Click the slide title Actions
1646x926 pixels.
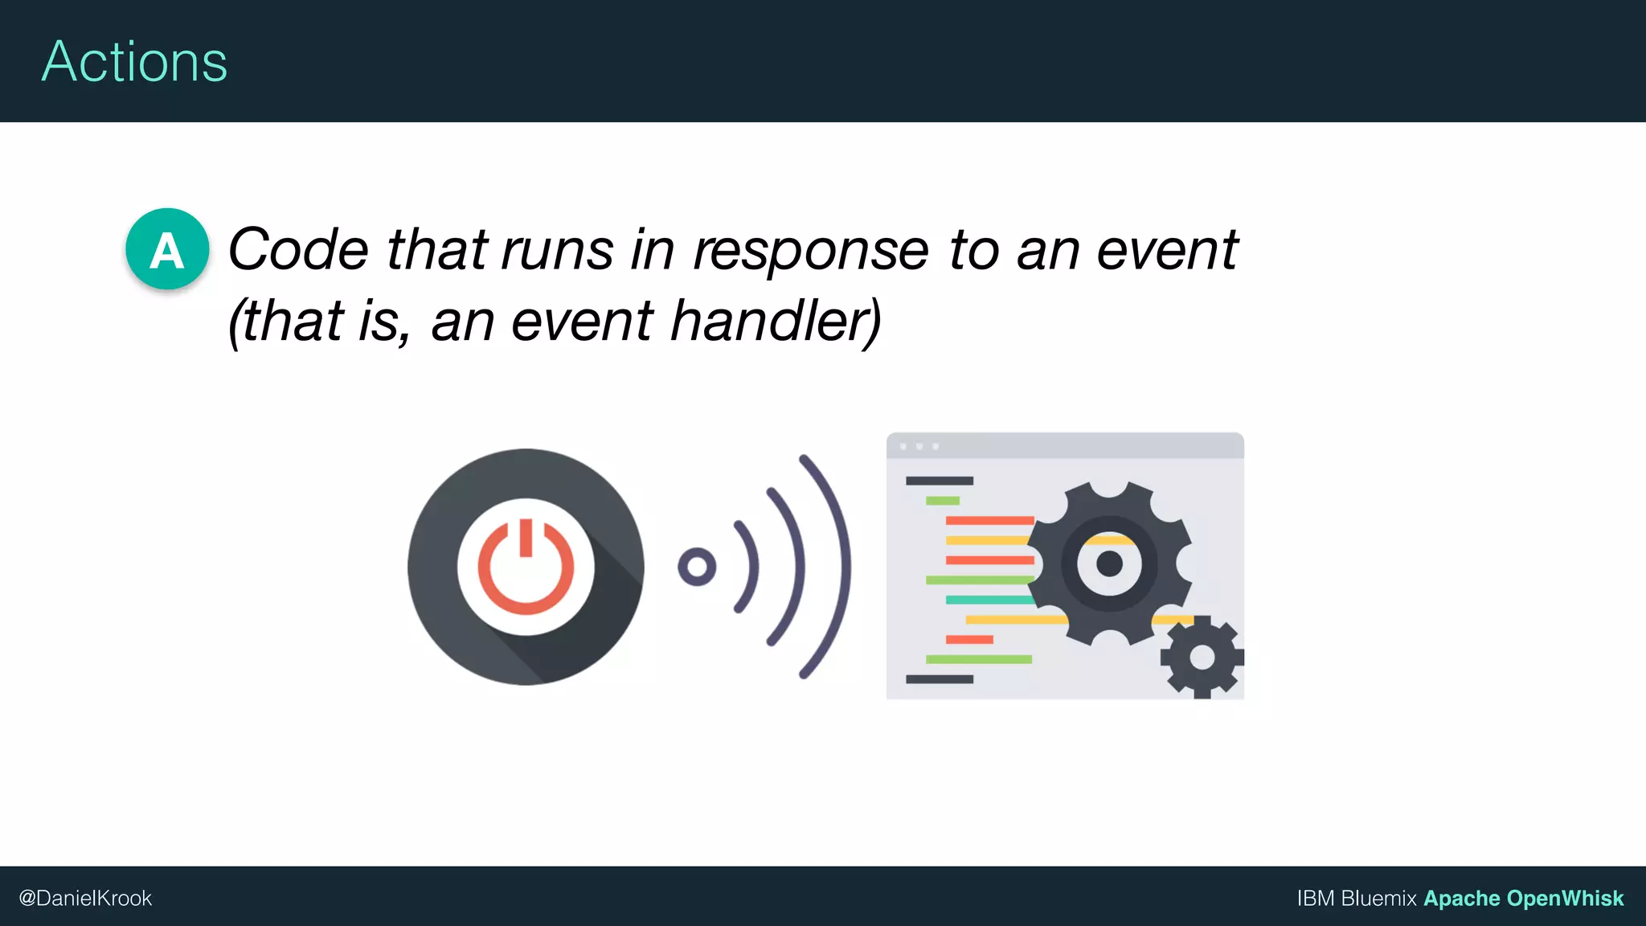(134, 62)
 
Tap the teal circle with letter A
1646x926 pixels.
(167, 249)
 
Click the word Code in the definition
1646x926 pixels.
(298, 250)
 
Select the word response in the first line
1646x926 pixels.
(810, 252)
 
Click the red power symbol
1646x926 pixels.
(526, 567)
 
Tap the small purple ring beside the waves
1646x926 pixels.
(697, 567)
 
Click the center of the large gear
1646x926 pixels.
(1109, 563)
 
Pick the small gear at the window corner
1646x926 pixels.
(1202, 658)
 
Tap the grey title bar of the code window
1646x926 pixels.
(1065, 446)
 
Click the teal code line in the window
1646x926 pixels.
(989, 600)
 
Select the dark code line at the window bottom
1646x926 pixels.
(939, 679)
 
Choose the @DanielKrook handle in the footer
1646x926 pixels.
(85, 899)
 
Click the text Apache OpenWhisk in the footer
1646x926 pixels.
(1523, 899)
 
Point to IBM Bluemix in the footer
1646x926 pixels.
(1356, 899)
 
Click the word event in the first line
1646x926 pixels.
(1167, 250)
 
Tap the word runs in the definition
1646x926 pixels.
(558, 250)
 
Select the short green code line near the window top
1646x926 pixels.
(942, 501)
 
